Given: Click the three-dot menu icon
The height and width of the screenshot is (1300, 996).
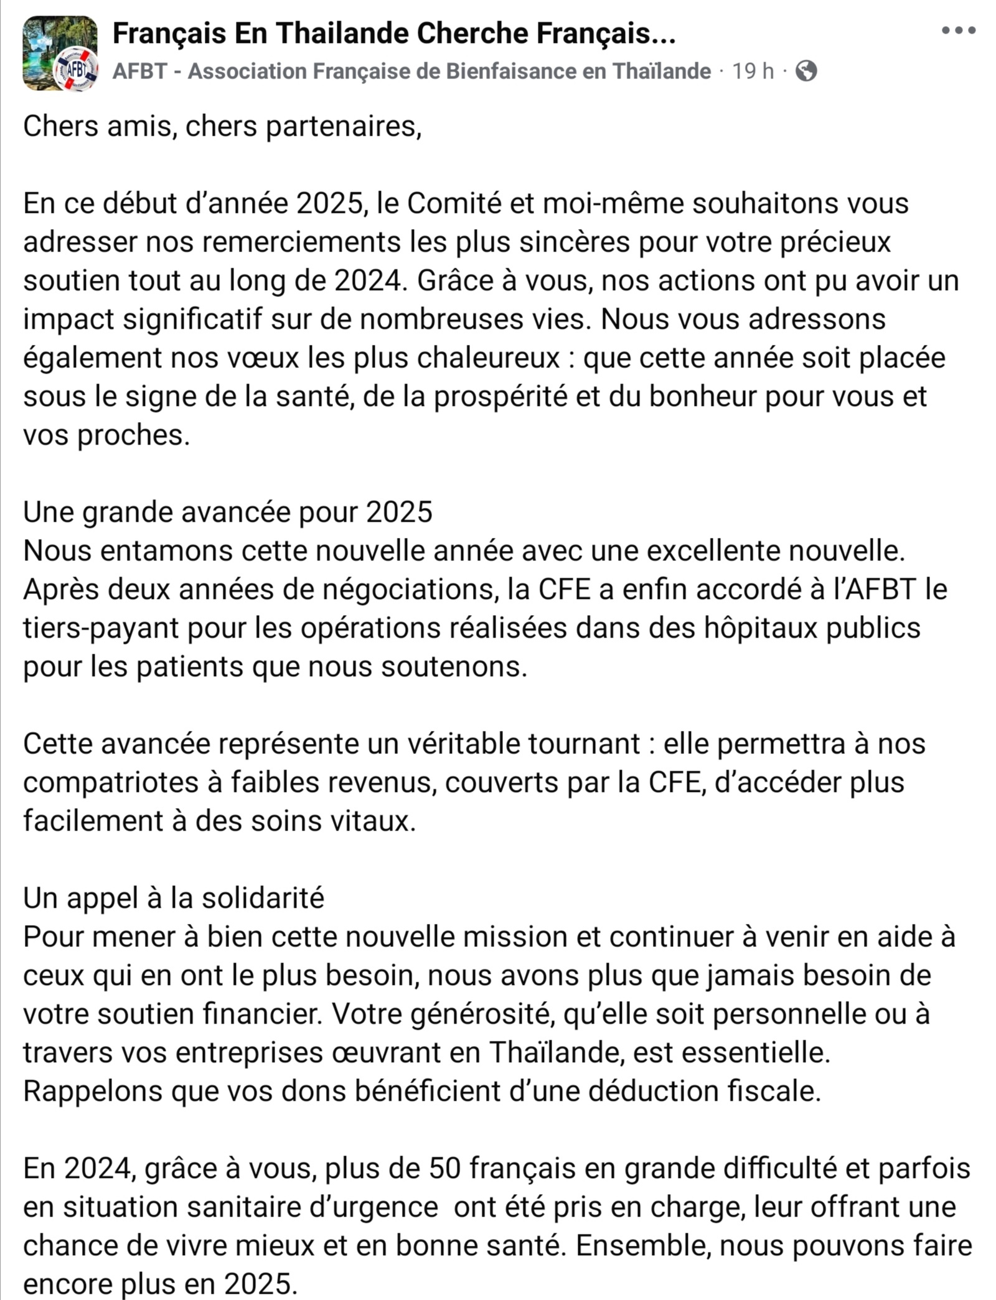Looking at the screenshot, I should (x=959, y=30).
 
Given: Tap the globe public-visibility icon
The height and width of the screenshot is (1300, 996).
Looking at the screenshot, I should (x=806, y=71).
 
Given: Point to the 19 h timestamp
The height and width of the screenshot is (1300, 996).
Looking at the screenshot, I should (x=753, y=71).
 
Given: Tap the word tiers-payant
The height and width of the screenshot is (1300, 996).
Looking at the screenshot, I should (x=101, y=628).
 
